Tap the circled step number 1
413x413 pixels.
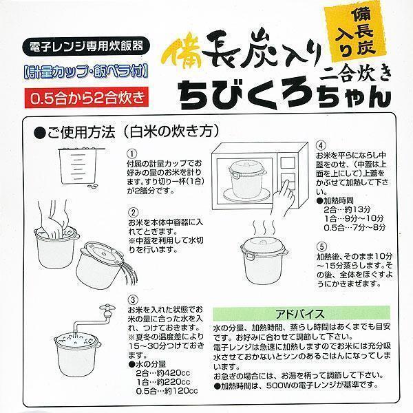pyautogui.click(x=133, y=153)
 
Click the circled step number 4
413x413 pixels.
pyautogui.click(x=320, y=146)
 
